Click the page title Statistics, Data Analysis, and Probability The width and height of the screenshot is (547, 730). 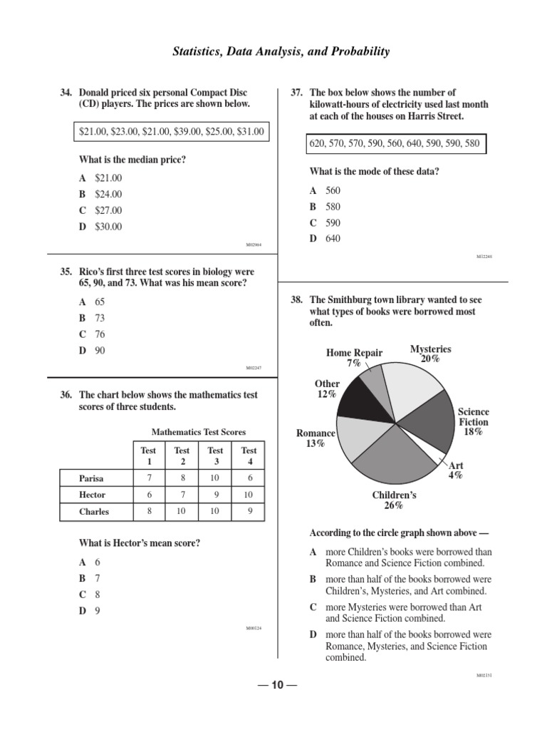click(281, 51)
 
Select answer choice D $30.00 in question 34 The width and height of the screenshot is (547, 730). click(100, 227)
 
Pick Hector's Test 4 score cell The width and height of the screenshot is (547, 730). click(249, 495)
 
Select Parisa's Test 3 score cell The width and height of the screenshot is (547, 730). click(215, 477)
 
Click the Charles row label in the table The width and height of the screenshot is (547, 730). click(95, 512)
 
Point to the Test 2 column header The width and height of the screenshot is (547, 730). click(182, 456)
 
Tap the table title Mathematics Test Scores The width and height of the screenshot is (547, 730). click(199, 432)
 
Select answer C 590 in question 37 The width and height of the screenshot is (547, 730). click(325, 222)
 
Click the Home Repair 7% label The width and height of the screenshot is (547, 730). click(354, 358)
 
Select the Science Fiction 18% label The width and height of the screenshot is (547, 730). click(473, 421)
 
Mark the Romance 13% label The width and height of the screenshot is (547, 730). click(316, 438)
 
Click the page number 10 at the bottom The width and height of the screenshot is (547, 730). click(276, 686)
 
